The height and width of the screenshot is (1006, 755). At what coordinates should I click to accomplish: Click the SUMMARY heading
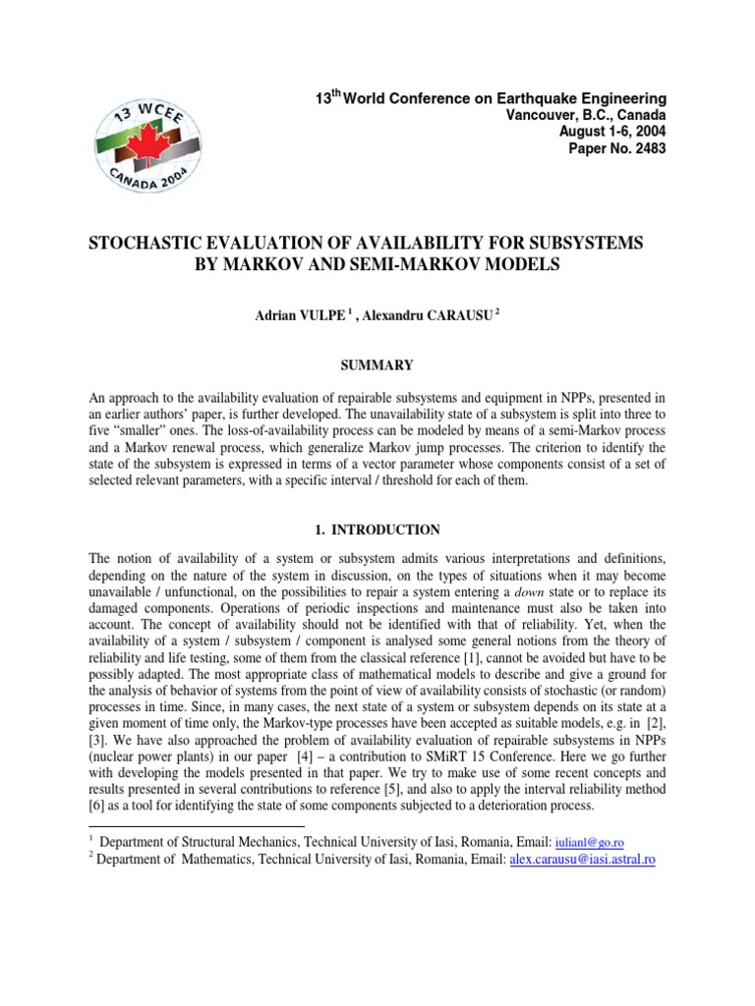tap(377, 364)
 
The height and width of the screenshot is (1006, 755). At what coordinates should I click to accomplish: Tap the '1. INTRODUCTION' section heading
tap(377, 530)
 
